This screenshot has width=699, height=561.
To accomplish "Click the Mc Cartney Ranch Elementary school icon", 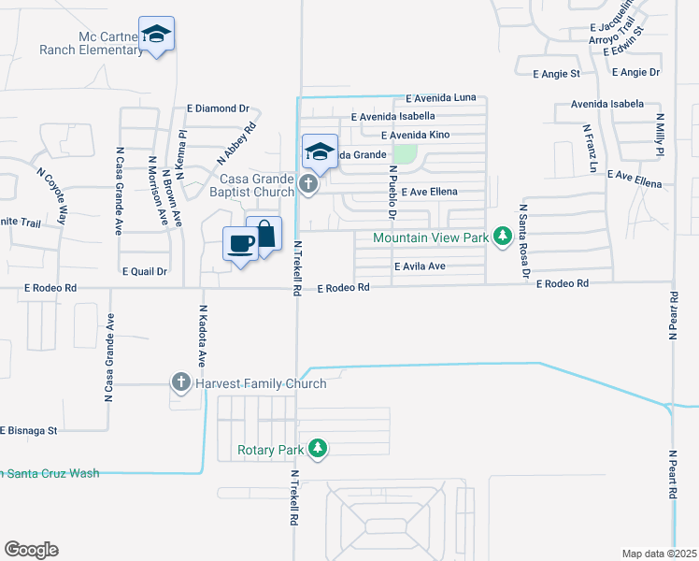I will (x=157, y=35).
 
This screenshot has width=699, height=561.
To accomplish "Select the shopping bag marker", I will (x=264, y=234).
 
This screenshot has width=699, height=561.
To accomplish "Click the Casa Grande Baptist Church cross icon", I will (x=309, y=186).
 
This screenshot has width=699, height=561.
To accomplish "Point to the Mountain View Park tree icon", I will (x=502, y=235).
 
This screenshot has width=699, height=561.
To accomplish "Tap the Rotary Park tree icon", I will (x=319, y=449).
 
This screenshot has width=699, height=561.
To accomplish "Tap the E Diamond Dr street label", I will (x=219, y=108).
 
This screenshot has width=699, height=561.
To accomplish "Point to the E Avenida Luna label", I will (x=441, y=98).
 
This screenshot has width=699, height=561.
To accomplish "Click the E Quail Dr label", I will (x=145, y=271).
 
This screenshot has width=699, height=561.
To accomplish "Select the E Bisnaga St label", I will (x=29, y=431).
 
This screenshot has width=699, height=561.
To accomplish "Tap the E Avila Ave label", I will (x=420, y=266).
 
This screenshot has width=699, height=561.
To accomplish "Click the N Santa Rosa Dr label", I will (x=523, y=242).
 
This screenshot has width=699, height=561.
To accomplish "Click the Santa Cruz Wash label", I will (x=51, y=473).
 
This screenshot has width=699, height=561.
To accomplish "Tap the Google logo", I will (x=31, y=550).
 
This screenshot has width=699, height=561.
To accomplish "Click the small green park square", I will (x=405, y=152).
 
